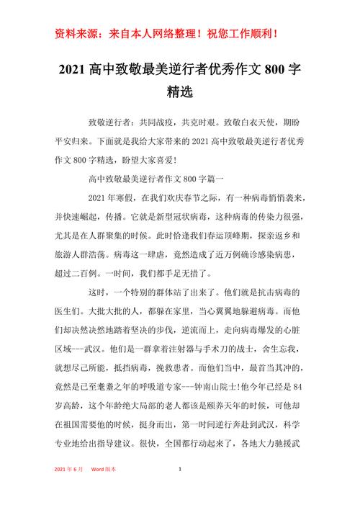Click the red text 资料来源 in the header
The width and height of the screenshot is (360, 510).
tap(77, 34)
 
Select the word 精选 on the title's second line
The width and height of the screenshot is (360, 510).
tap(179, 93)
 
